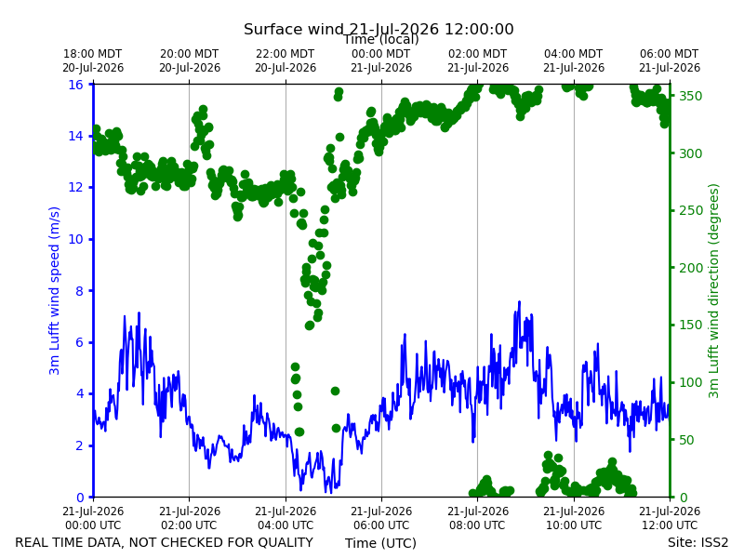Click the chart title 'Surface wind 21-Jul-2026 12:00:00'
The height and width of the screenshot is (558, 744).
(379, 29)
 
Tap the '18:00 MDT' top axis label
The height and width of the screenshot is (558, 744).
(92, 54)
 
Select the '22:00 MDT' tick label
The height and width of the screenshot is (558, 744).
(286, 54)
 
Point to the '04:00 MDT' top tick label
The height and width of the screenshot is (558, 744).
(574, 54)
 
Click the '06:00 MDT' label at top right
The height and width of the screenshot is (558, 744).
(670, 54)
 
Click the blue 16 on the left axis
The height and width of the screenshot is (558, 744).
(75, 85)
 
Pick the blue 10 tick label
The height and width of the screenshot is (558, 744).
(75, 239)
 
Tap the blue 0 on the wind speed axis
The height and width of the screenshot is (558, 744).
(80, 498)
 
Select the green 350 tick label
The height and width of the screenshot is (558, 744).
(690, 96)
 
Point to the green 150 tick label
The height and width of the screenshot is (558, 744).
(690, 325)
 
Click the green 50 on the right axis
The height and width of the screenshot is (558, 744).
(686, 440)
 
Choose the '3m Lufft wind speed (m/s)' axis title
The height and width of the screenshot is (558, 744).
(55, 291)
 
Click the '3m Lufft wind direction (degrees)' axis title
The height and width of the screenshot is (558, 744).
(713, 291)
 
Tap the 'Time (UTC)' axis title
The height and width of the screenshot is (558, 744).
(380, 543)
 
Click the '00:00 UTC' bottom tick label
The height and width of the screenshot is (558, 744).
(93, 525)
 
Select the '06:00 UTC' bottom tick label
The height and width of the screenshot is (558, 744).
(381, 525)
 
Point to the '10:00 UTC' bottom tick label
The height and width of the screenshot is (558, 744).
(574, 525)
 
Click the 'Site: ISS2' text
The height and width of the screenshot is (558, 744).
(698, 542)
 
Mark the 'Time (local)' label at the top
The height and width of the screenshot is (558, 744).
(381, 39)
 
